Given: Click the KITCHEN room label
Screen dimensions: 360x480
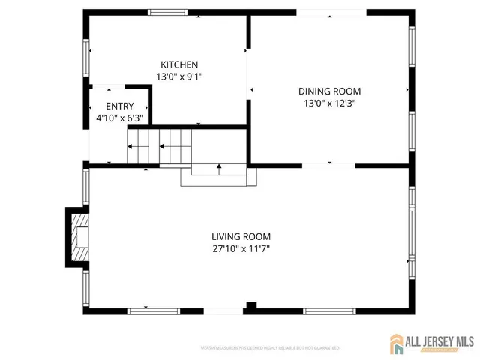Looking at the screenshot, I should tap(179, 64).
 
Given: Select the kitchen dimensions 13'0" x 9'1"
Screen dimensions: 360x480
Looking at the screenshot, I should tap(179, 76).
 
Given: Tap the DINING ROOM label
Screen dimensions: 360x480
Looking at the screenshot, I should tap(331, 91).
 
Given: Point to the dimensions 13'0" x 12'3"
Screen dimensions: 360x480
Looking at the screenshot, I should tap(331, 104).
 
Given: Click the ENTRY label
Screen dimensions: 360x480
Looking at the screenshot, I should tap(119, 106).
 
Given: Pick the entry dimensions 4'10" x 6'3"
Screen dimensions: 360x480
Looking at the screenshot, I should tap(119, 118).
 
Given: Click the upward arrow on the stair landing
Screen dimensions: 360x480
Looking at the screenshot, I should tap(218, 168).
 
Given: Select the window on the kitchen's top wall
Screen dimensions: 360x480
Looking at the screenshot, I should tap(167, 12).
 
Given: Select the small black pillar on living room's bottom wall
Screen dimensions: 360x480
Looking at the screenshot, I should tap(251, 306).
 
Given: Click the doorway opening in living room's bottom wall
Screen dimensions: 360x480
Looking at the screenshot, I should tap(223, 310).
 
